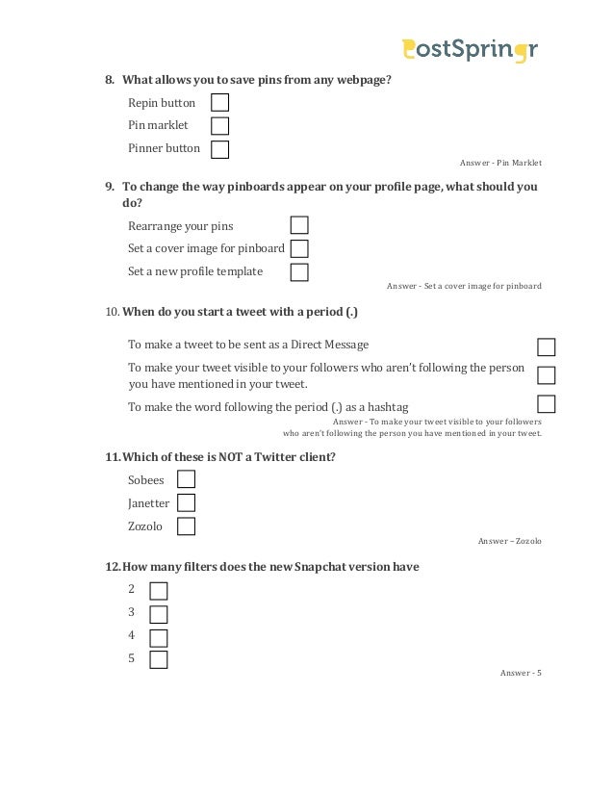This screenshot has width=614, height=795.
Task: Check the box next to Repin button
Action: point(220,102)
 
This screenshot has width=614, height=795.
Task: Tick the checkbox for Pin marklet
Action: point(220,125)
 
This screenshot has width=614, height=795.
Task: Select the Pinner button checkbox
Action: point(220,148)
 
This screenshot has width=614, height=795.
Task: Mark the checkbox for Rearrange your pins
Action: point(299,225)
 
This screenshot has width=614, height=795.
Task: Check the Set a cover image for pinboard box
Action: point(299,248)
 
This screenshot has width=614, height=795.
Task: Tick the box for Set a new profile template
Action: point(299,271)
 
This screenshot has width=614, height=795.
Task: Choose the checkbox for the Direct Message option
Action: point(547,347)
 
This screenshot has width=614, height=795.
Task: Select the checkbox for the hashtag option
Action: point(547,404)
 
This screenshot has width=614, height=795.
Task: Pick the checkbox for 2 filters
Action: point(159,590)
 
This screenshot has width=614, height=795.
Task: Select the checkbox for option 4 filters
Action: point(159,637)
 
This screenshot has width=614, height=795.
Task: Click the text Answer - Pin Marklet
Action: point(501,164)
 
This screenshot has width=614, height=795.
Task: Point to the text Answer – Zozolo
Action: point(509,541)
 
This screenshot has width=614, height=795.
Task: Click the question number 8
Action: point(109,79)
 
